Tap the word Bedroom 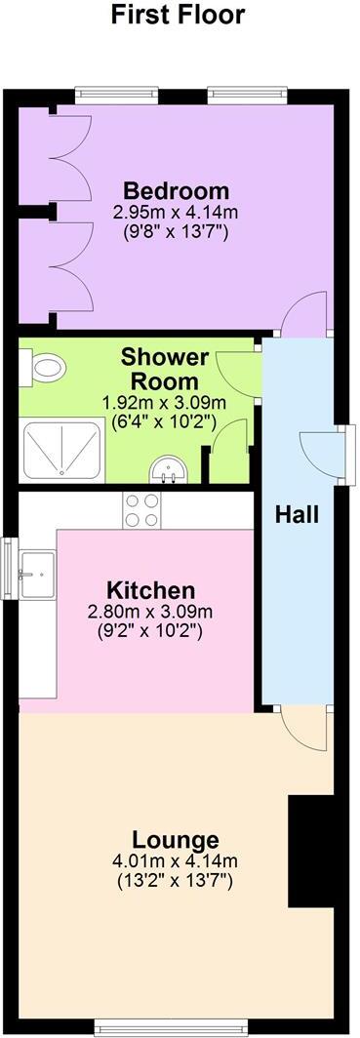pos(177,190)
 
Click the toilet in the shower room pos(47,369)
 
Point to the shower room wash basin pos(168,472)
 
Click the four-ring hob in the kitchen pos(141,509)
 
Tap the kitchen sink pos(37,570)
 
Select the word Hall pos(297,514)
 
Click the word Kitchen pos(150,590)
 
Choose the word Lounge pos(176,840)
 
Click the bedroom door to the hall pos(305,316)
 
